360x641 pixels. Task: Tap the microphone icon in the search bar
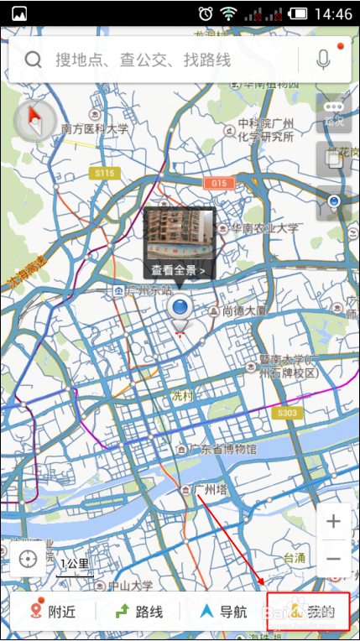pyautogui.click(x=324, y=59)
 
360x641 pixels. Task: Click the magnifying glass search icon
pyautogui.click(x=34, y=60)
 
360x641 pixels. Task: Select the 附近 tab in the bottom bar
pyautogui.click(x=53, y=612)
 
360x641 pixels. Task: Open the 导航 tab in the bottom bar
pyautogui.click(x=223, y=612)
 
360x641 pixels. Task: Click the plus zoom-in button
pyautogui.click(x=333, y=522)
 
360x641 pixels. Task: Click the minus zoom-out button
pyautogui.click(x=333, y=559)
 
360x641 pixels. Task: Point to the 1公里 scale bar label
pyautogui.click(x=74, y=563)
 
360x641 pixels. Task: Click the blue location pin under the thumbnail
pyautogui.click(x=180, y=308)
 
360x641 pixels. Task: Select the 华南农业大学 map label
pyautogui.click(x=264, y=227)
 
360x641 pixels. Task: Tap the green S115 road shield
pyautogui.click(x=104, y=172)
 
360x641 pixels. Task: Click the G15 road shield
pyautogui.click(x=219, y=182)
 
